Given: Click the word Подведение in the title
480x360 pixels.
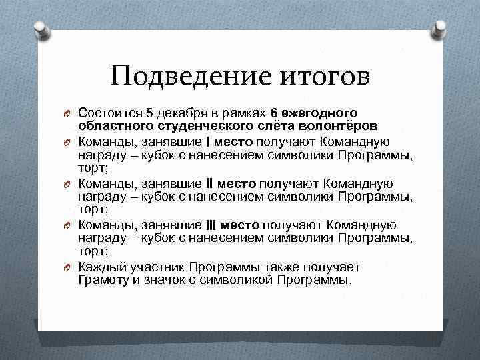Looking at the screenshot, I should click(x=188, y=77).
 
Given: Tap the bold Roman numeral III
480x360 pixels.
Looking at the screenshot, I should click(x=211, y=225).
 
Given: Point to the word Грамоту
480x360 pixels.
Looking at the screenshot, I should click(x=103, y=279).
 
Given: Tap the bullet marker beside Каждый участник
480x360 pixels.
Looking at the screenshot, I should click(x=68, y=267).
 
